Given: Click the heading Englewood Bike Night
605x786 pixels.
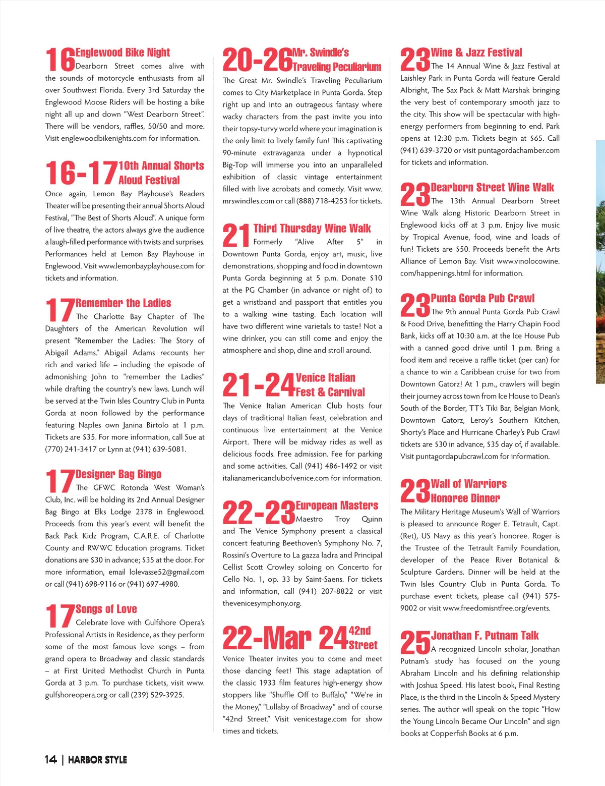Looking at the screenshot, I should [x=123, y=52].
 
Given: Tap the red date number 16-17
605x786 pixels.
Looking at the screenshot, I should [x=81, y=173].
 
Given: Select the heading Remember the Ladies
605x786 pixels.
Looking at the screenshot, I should [x=124, y=303].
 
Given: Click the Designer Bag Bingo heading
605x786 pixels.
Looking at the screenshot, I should [x=118, y=474].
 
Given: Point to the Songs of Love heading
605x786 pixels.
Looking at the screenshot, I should [x=106, y=609].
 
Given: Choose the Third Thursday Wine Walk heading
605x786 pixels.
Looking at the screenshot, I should [x=312, y=229].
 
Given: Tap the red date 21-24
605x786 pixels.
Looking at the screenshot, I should [x=258, y=385].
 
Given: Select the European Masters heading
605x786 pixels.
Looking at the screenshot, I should [x=337, y=506].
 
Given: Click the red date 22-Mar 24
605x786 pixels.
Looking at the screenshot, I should [x=285, y=638].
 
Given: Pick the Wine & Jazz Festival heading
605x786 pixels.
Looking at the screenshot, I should [x=476, y=52].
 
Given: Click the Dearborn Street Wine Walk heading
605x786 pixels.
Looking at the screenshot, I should [x=492, y=188].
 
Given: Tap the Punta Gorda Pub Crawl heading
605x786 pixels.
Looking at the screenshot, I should [x=482, y=298].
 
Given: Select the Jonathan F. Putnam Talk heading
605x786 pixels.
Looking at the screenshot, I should [x=485, y=636].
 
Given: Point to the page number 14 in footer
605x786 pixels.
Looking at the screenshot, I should [x=51, y=760].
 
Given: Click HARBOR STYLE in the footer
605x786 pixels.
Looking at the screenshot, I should [x=97, y=760].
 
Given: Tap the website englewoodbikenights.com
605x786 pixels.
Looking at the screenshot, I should [x=104, y=138].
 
